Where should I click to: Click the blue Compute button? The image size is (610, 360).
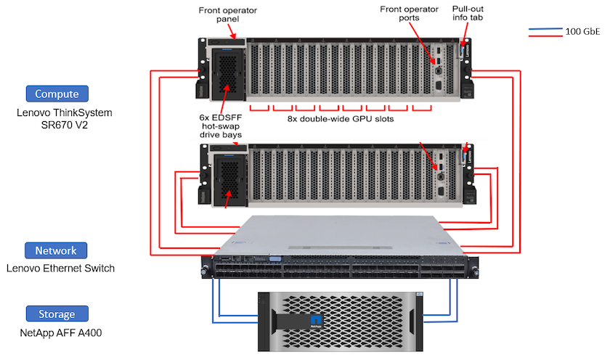tap(57, 94)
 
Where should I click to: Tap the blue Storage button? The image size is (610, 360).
tap(57, 314)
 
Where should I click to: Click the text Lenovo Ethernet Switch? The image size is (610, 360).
tap(60, 269)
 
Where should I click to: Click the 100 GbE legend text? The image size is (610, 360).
tap(582, 31)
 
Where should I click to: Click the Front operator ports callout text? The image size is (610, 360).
tap(409, 15)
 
